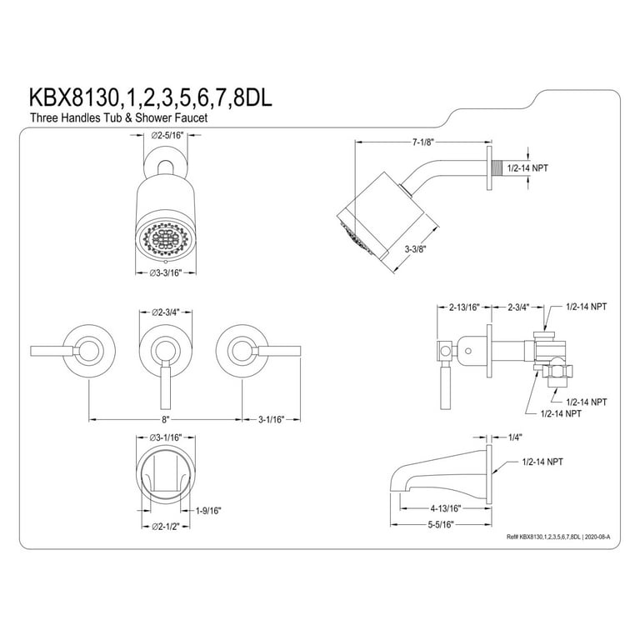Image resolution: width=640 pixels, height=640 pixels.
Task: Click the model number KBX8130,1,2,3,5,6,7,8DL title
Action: (x=150, y=98)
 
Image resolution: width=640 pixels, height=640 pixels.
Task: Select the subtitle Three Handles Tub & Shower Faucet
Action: (x=119, y=118)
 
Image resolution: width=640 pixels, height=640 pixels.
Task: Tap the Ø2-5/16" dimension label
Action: (x=167, y=135)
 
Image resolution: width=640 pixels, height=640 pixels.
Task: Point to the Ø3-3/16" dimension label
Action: (x=166, y=272)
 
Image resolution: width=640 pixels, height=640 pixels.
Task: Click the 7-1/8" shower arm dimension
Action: (x=422, y=142)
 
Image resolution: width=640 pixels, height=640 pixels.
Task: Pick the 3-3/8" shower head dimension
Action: (x=416, y=248)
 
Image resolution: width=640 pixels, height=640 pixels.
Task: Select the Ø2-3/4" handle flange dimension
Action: (x=166, y=312)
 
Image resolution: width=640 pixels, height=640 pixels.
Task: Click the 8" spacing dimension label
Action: (x=165, y=419)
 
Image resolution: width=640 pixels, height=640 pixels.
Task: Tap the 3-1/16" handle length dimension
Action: (x=272, y=419)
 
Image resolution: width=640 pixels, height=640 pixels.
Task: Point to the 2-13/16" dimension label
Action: (x=464, y=307)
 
